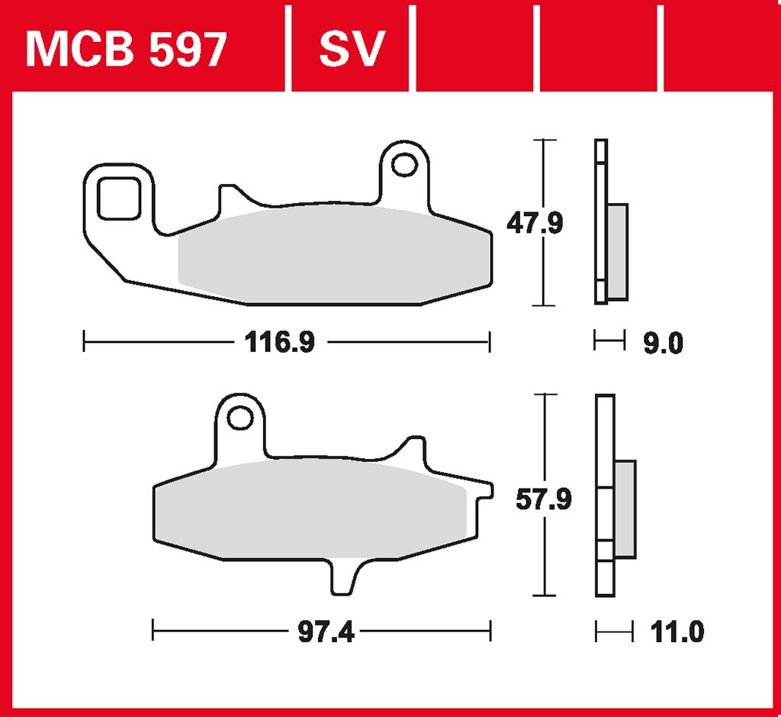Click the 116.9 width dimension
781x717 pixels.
[280, 343]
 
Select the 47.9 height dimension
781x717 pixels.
[535, 223]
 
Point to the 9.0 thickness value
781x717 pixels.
[663, 343]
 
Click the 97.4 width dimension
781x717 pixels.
[326, 632]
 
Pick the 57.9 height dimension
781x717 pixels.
[543, 499]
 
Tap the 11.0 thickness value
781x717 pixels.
[677, 632]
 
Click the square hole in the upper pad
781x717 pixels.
[119, 199]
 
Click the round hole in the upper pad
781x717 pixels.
[404, 164]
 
